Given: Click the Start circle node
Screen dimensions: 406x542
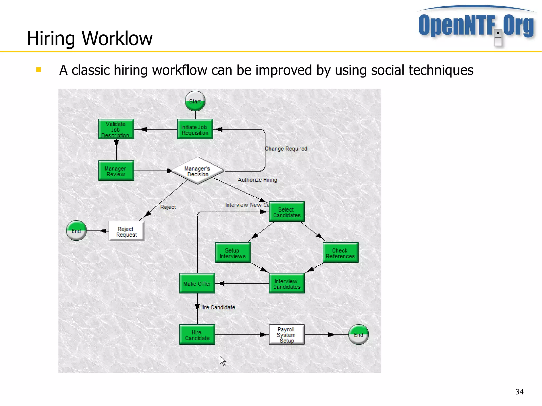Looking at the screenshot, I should (x=195, y=101).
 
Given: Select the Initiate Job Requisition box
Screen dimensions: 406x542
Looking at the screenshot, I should (x=195, y=129).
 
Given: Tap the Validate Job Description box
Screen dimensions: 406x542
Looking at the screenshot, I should (x=116, y=129).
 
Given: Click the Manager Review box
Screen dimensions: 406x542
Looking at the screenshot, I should (x=116, y=171).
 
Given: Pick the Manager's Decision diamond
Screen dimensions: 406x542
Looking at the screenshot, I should (x=197, y=171).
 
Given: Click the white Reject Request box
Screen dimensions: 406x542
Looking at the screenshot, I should (x=127, y=231).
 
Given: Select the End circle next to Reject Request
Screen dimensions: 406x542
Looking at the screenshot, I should (x=76, y=231).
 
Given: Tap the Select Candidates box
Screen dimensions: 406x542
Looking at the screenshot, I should (x=287, y=212).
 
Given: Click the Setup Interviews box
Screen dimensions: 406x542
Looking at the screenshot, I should (x=233, y=253).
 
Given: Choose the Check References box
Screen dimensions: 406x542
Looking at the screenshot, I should (x=340, y=253).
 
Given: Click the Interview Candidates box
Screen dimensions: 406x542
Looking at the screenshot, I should (x=287, y=284).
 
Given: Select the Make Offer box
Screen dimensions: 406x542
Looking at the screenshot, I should (x=197, y=284).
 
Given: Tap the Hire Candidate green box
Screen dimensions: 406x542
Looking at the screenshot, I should (x=197, y=335).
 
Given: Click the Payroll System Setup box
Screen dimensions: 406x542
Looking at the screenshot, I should (x=287, y=335).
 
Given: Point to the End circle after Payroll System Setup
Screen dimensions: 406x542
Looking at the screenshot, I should (x=358, y=335).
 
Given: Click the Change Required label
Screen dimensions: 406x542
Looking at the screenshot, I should (x=286, y=149).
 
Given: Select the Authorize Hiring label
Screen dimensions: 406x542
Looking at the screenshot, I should (x=257, y=180).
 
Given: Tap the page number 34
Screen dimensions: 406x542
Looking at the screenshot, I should (x=519, y=392).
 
